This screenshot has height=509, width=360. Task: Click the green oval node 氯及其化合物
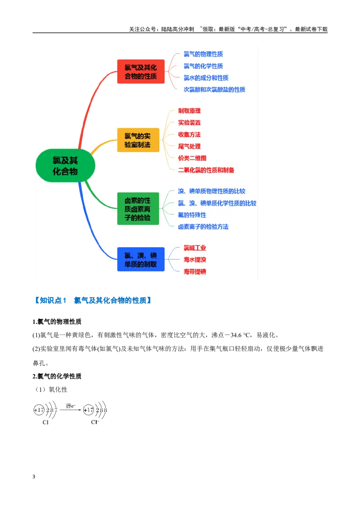coord(65,165)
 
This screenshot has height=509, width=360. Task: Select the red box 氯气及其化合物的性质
coord(141,72)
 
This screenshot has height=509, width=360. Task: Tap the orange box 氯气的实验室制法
coord(138,140)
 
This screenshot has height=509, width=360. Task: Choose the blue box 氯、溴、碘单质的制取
coord(141,259)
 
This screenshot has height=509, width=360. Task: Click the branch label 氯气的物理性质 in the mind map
coord(203,54)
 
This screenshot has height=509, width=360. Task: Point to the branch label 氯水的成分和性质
coord(206,78)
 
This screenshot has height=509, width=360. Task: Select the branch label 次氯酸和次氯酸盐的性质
coord(214,89)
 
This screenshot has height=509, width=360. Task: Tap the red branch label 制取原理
coord(189,111)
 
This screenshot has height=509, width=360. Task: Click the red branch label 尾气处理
coord(189,147)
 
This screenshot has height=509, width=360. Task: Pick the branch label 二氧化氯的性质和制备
coord(206,170)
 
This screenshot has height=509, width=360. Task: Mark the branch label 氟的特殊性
coord(192,215)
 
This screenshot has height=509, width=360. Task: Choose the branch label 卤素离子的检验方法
coord(203,227)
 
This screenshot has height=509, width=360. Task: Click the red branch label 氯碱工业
coord(194,248)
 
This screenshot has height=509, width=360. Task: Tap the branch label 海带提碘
coord(194,272)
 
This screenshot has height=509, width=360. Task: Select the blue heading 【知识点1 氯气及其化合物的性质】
coord(93,300)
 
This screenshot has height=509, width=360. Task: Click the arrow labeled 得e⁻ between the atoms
coord(71,410)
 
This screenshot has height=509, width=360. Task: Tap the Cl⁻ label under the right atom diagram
coord(95,422)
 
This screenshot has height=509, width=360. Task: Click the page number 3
coord(34,477)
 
